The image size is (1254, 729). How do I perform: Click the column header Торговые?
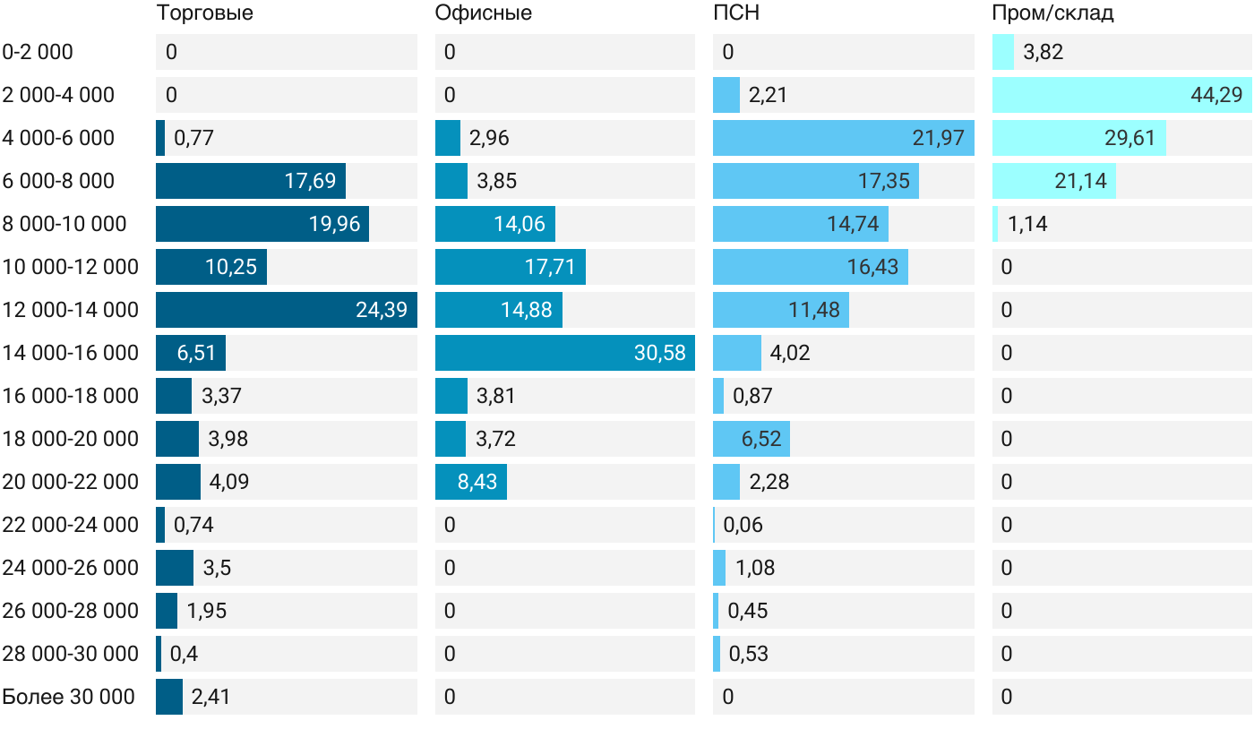pos(204,13)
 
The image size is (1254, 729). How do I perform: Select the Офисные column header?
pos(483,13)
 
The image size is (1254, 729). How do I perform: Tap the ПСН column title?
pos(736,13)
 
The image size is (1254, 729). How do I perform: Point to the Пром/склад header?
pos(1052,13)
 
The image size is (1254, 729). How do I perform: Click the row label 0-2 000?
pos(38,52)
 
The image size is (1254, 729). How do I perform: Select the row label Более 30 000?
pos(68,697)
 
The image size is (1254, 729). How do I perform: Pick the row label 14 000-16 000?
pos(70,353)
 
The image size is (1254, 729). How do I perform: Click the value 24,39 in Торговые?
pos(382,310)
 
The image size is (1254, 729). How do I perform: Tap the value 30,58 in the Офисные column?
pos(659,353)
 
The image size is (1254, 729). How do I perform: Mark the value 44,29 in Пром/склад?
pos(1216,95)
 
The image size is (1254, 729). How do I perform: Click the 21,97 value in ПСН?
pos(939,138)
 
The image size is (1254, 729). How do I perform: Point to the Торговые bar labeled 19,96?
pos(262,224)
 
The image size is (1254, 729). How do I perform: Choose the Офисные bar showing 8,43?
pos(471,482)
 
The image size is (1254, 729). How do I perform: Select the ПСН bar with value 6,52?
pos(752,439)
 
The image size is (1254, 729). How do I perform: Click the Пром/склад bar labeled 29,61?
pos(1079,138)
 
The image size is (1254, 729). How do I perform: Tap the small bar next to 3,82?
pos(1003,52)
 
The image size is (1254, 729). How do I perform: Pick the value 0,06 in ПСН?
pos(743,525)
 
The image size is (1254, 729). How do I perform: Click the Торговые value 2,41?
pos(210,697)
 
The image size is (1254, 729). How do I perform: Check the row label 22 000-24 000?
pos(70,525)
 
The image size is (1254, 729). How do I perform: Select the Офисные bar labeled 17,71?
pos(511,267)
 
